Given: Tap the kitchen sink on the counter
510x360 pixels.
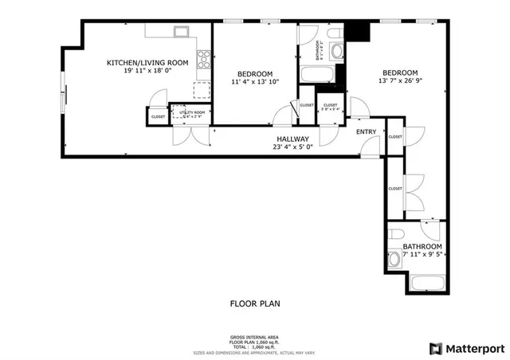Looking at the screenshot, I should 182,33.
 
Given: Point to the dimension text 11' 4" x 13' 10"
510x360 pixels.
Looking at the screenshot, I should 255,81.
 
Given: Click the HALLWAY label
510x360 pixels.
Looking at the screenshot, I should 292,138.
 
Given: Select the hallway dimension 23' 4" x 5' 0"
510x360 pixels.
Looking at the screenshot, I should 292,146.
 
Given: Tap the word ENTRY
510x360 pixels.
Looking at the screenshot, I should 366,131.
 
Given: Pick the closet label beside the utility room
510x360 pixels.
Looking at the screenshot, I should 158,117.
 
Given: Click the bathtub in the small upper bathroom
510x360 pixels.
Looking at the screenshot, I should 316,76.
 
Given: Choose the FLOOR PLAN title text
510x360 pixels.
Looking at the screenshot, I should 255,303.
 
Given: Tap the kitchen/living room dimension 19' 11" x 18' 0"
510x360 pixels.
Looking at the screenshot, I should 147,70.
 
